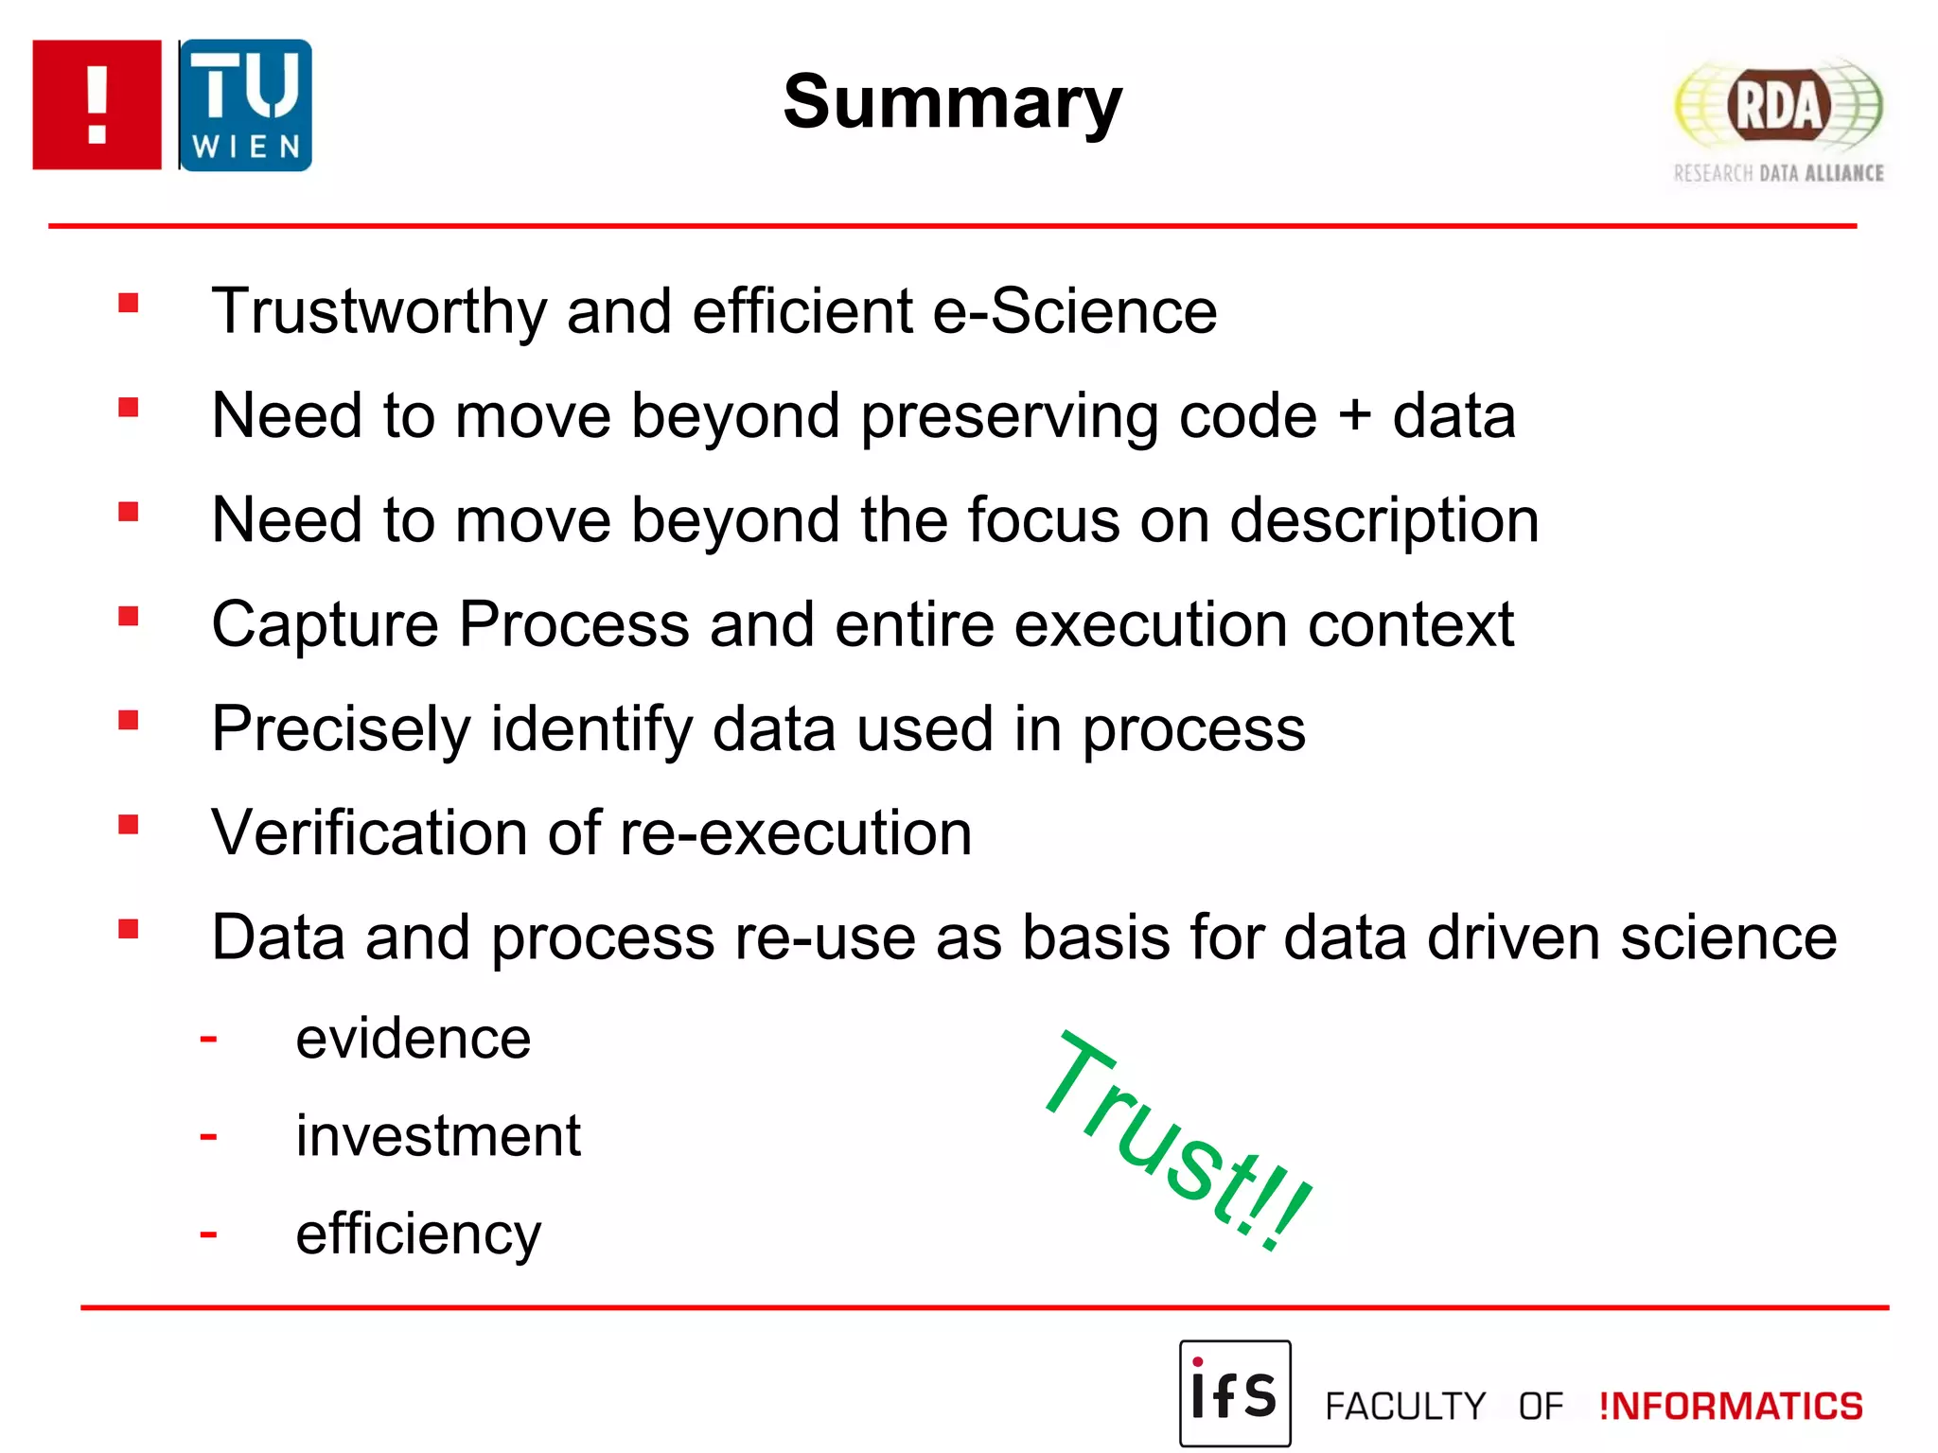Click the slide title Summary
(x=952, y=102)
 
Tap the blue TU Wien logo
(x=245, y=105)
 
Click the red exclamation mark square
(x=97, y=105)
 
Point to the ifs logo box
(x=1234, y=1392)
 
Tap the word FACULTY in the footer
(x=1404, y=1407)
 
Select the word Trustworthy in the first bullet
(x=379, y=312)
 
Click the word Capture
(x=325, y=625)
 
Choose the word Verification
(x=369, y=833)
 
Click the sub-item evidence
(x=413, y=1039)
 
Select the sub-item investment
(x=437, y=1136)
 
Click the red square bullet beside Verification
(x=129, y=825)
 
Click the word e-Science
(x=1074, y=312)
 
